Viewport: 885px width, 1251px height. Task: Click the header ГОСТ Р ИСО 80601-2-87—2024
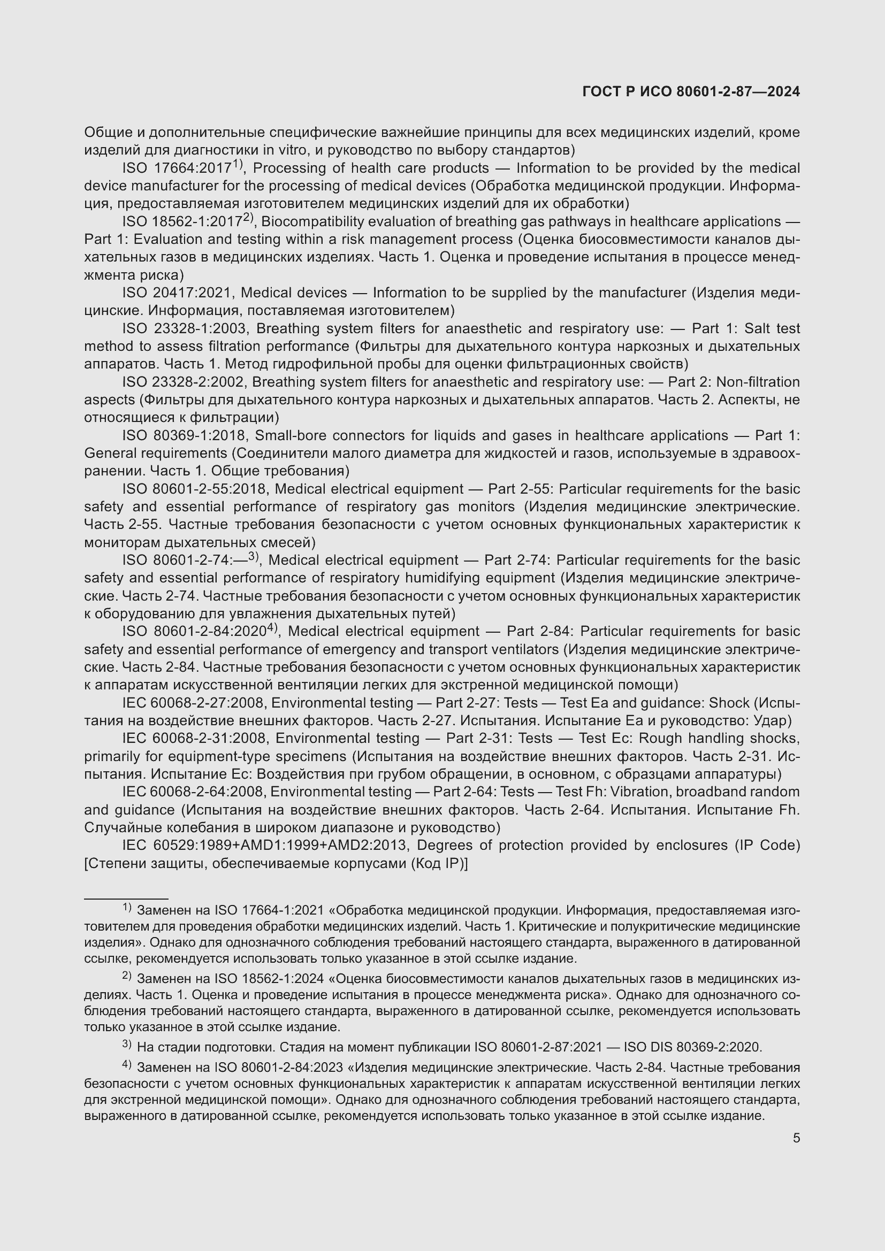690,91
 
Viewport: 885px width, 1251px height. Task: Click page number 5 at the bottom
796,1138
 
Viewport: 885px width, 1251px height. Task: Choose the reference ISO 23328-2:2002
182,382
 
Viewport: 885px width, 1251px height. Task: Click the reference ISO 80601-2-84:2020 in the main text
194,632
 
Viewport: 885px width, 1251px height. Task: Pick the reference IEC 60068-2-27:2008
193,703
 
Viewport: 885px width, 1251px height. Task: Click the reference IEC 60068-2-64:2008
193,792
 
